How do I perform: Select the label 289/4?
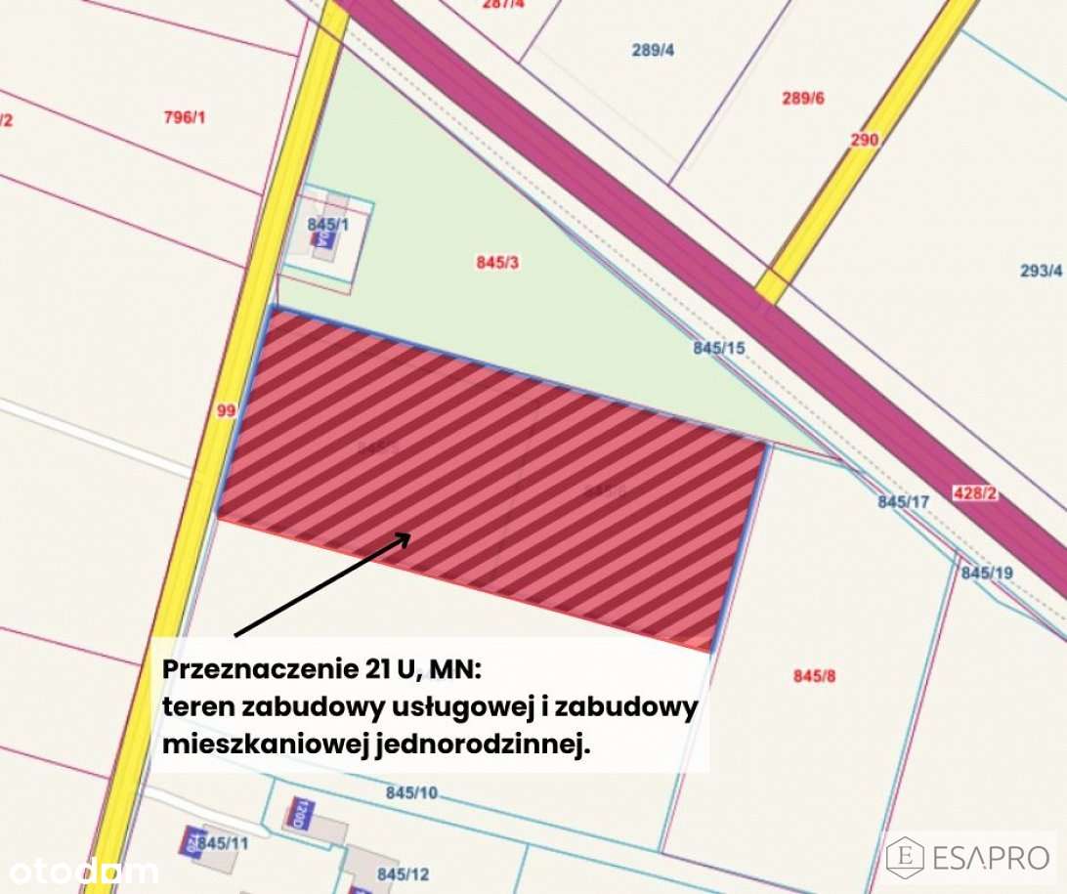[x=653, y=49]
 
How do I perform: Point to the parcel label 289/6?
[x=803, y=98]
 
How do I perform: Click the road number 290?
[x=864, y=140]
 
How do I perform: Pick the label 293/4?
[x=1041, y=271]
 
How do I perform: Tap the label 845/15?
[x=719, y=347]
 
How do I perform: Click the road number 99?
[x=226, y=411]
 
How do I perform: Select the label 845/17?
[x=904, y=501]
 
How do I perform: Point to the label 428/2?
[x=974, y=494]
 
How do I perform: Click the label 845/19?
[x=987, y=573]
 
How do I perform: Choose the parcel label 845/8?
[x=814, y=675]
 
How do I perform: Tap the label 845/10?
[x=411, y=792]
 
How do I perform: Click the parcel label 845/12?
[x=404, y=873]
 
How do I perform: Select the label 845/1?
[x=327, y=224]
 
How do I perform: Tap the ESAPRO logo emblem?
[x=906, y=857]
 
